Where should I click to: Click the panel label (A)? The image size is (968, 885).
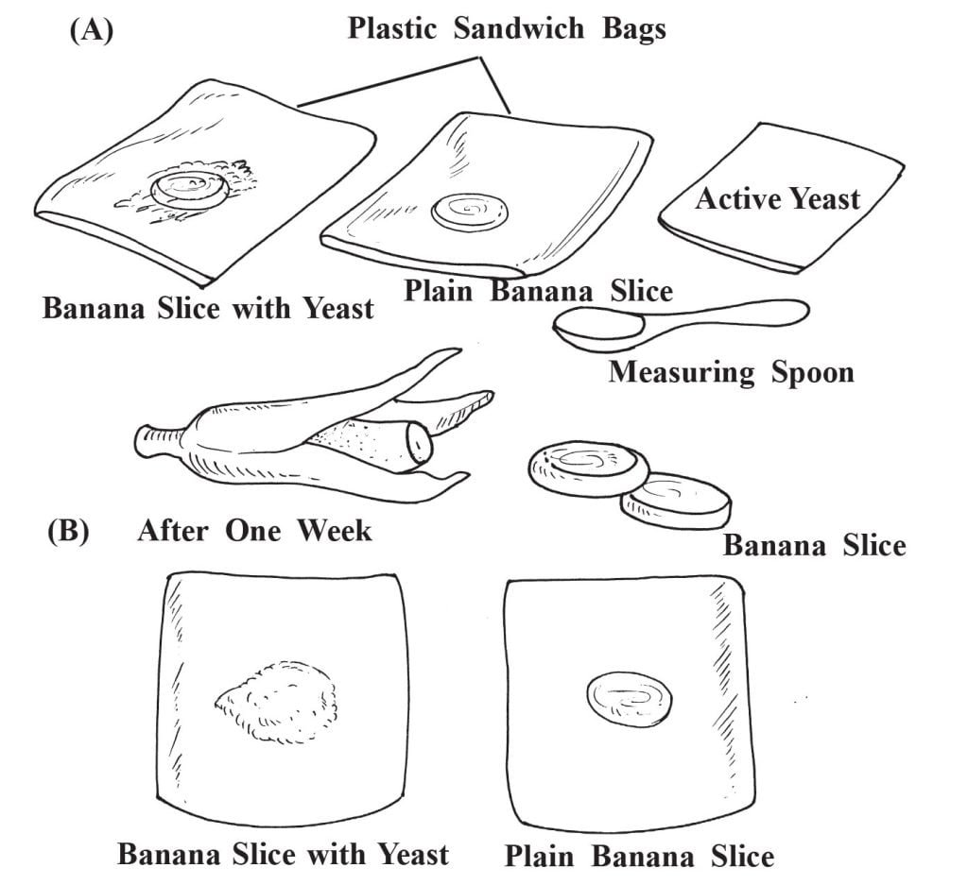(91, 30)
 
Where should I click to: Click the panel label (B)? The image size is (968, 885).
(68, 531)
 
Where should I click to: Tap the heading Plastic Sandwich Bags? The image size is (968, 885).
(507, 27)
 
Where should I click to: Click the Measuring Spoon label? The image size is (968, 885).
(731, 371)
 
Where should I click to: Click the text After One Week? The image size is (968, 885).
(254, 530)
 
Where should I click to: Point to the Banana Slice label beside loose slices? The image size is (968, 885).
(814, 545)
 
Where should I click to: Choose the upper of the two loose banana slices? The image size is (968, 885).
(586, 464)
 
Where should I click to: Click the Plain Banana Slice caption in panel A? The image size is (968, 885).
(539, 289)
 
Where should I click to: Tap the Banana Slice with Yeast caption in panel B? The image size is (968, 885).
(283, 855)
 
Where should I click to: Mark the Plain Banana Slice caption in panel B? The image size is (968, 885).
(639, 857)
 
